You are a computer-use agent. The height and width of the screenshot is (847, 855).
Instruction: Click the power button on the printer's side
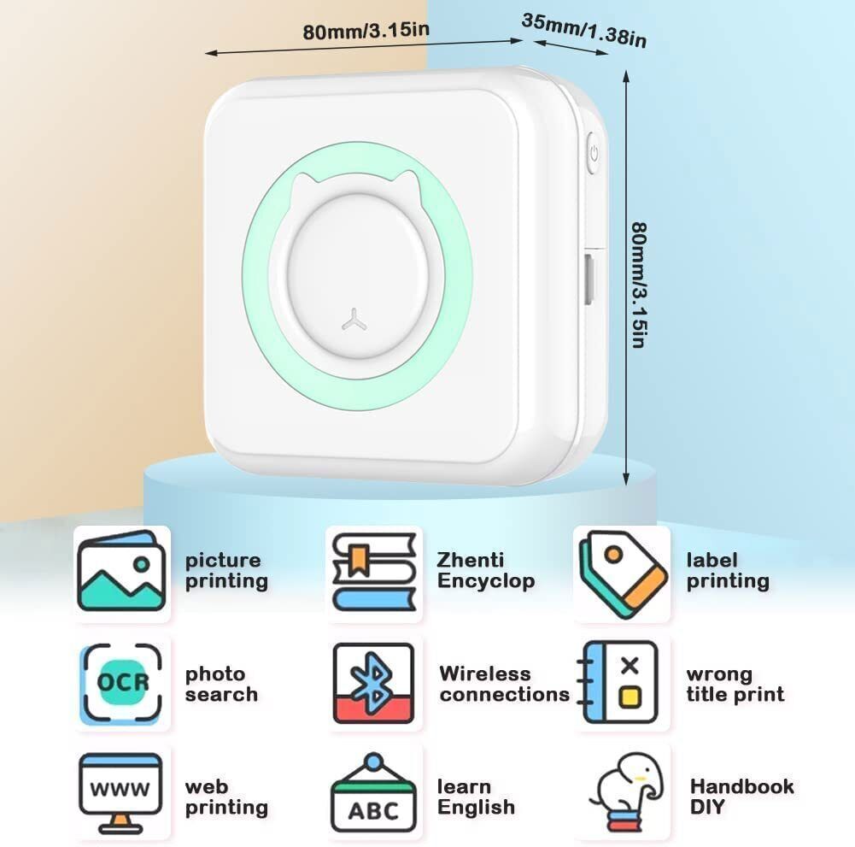click(594, 153)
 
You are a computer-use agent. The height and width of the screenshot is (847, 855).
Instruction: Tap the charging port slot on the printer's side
click(589, 279)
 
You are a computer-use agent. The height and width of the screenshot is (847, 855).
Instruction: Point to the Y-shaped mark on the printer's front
click(354, 320)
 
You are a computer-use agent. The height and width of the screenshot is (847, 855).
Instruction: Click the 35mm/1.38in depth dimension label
click(584, 31)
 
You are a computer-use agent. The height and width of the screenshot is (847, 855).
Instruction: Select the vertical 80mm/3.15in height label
click(639, 285)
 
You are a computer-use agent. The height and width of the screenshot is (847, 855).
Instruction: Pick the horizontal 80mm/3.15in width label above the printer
click(366, 31)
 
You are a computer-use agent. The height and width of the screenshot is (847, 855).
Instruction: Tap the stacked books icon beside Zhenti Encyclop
click(374, 572)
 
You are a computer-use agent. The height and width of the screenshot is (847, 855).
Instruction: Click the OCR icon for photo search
click(122, 683)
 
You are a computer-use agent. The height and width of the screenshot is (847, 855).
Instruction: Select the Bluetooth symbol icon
click(373, 683)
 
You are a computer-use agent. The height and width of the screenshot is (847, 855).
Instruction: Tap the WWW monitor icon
click(120, 793)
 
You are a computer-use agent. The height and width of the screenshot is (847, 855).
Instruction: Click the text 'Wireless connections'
click(505, 684)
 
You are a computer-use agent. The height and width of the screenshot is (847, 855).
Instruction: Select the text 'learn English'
click(476, 797)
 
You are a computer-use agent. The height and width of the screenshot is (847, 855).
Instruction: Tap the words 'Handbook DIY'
click(741, 797)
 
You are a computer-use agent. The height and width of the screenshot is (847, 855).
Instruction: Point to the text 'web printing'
click(226, 797)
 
